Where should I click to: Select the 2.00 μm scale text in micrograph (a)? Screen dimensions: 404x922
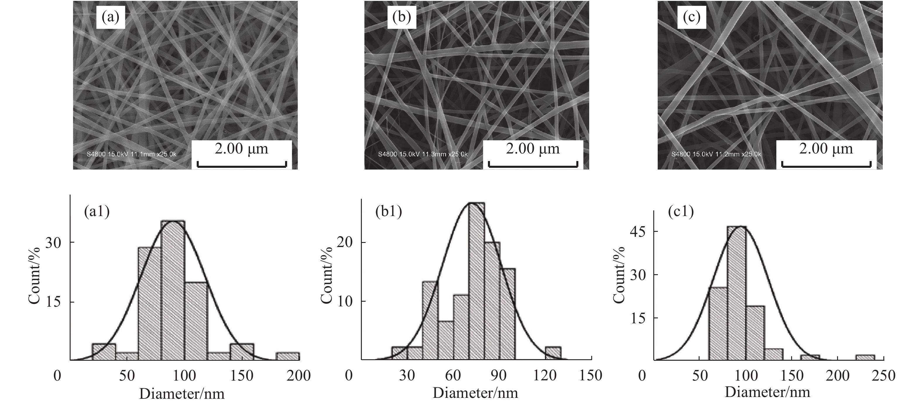click(241, 149)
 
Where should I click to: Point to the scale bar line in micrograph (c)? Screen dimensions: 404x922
click(826, 165)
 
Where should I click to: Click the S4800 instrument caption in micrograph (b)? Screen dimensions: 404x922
click(423, 154)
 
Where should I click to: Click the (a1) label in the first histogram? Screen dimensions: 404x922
click(97, 212)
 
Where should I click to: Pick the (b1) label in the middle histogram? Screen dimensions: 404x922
click(389, 212)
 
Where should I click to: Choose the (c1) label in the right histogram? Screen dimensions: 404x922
click(681, 212)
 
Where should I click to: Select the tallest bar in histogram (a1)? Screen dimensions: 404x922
click(173, 290)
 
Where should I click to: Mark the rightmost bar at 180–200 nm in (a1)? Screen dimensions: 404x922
click(287, 356)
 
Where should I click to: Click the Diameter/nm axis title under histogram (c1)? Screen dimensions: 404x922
click(767, 392)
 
